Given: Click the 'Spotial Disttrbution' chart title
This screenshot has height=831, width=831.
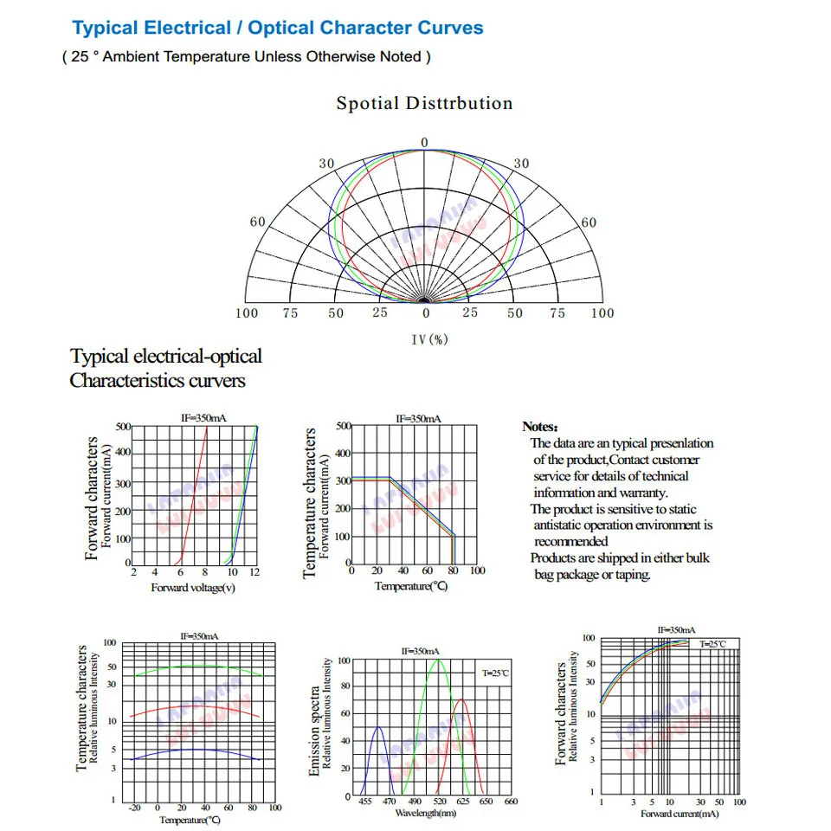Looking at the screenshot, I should point(424,104).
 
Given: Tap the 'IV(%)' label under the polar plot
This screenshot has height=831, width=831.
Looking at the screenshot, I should point(429,339).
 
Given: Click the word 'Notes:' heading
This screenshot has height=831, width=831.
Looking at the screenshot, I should point(540,427).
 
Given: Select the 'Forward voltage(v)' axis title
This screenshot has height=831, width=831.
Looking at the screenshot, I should point(193,588).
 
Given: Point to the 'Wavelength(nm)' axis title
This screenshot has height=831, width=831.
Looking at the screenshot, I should point(426,813).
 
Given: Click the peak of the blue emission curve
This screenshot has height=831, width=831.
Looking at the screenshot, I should point(378,727).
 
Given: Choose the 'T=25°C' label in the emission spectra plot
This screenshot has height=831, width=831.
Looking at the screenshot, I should point(496,673).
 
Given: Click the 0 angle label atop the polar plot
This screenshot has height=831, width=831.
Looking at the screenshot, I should point(424,142).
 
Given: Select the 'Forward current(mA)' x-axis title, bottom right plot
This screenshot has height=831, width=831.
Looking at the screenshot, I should point(680,814).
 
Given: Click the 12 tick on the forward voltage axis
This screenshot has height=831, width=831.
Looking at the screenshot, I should point(255,573).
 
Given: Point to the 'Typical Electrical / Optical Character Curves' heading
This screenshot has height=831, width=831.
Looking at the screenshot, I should point(278,28).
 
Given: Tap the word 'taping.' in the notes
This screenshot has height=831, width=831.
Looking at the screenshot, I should point(633,575).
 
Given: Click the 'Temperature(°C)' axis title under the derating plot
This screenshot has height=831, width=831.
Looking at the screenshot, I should point(411,586).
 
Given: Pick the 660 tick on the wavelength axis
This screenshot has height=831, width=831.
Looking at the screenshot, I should point(511,802).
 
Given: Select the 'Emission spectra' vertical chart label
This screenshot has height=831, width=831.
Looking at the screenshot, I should point(315,731).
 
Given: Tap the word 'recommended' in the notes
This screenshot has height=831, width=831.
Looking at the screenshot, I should point(571,541).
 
